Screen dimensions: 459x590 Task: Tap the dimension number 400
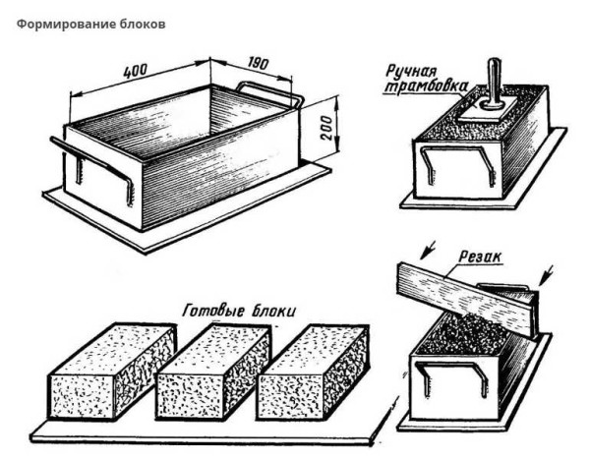139,72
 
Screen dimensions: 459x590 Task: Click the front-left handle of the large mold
93,167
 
